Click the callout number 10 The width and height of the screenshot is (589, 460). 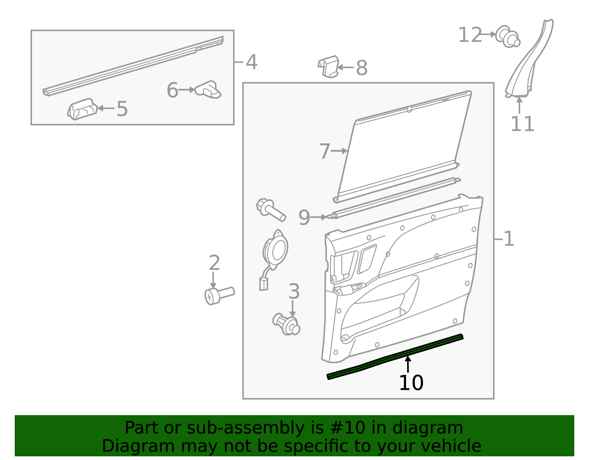point(411,383)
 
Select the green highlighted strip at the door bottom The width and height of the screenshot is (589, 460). point(395,357)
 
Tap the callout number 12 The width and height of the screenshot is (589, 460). point(470,35)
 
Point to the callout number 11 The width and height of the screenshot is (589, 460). point(522,124)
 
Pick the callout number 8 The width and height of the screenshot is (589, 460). point(362,68)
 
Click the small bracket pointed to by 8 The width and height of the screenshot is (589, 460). point(328,67)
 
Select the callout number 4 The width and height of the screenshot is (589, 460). point(251,62)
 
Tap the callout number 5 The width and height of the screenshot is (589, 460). point(122,109)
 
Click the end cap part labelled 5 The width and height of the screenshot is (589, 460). point(82,109)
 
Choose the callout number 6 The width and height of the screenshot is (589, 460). point(172,90)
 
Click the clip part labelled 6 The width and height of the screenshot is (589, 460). point(208,89)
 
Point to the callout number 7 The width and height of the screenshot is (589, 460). point(324,151)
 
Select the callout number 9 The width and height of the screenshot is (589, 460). point(304,217)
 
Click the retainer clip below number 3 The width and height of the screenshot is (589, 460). point(286,324)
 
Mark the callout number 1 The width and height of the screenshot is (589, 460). point(508,239)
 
